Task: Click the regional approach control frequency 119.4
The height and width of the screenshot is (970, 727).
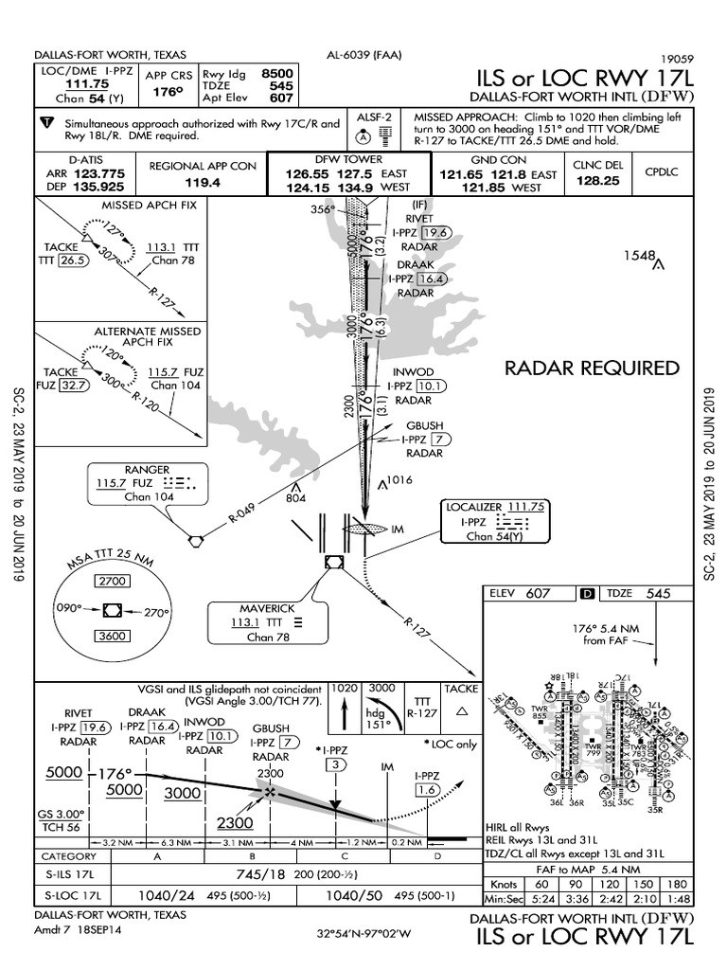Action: click(203, 181)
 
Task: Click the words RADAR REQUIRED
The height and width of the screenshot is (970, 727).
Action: click(592, 368)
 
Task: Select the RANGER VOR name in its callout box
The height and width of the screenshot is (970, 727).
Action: click(148, 470)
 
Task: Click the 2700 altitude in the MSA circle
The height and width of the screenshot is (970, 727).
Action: click(114, 581)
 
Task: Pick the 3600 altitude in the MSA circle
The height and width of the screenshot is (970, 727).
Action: click(114, 636)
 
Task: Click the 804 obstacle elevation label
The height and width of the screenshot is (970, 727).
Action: click(297, 498)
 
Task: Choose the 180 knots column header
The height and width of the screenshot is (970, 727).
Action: click(676, 883)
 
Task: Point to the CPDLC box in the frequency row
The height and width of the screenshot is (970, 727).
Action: click(663, 171)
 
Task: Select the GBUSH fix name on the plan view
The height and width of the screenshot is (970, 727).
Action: click(424, 425)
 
